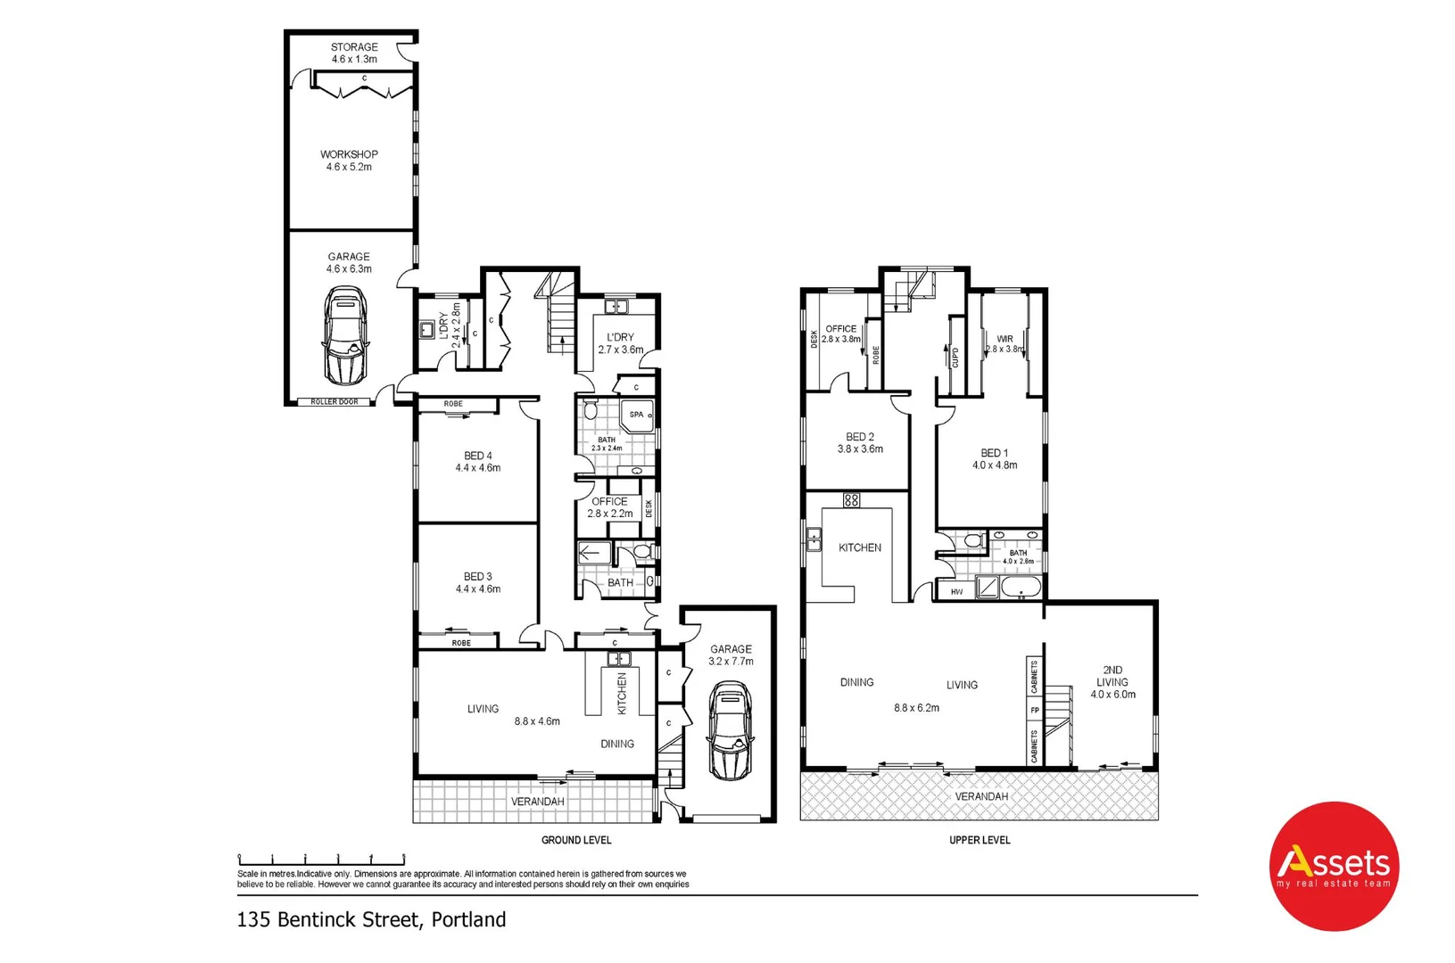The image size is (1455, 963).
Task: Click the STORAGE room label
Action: (354, 47)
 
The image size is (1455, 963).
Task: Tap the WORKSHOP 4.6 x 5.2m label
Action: (349, 160)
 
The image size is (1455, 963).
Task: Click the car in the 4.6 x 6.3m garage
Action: (345, 334)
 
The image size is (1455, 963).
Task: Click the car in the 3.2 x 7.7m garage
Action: (729, 731)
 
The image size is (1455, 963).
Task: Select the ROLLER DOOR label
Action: (335, 402)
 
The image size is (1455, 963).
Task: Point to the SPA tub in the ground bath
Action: (637, 416)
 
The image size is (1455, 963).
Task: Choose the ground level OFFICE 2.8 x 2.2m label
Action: (609, 507)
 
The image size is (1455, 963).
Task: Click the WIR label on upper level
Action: (1004, 339)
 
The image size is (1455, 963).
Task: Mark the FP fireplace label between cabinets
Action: (1035, 711)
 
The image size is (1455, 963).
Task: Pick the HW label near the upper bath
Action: (956, 592)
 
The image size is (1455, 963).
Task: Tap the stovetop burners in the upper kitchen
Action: (851, 500)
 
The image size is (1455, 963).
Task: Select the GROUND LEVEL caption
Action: (576, 840)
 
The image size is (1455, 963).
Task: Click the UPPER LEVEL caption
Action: (980, 840)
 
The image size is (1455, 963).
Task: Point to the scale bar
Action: (321, 859)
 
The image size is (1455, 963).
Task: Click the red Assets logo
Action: (1334, 866)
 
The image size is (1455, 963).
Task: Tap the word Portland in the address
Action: (468, 919)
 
